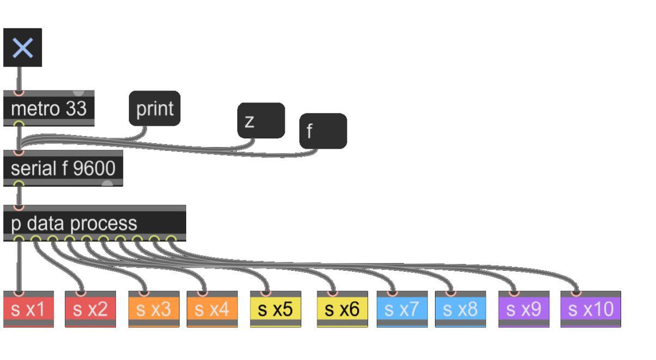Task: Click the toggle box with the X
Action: click(22, 48)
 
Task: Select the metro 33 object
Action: click(49, 109)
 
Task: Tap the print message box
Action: click(155, 108)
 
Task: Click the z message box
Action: click(261, 120)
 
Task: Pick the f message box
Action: click(323, 131)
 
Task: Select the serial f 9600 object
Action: click(63, 169)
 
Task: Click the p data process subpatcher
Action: click(95, 223)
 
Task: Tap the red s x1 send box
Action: click(28, 309)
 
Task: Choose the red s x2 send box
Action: click(90, 309)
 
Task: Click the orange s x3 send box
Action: click(154, 309)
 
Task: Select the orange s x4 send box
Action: click(212, 309)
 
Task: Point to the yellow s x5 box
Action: click(275, 309)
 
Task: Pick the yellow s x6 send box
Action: click(342, 309)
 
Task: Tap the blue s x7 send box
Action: click(402, 309)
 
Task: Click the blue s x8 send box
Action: click(461, 309)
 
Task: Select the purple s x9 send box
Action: click(524, 309)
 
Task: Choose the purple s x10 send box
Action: click(591, 309)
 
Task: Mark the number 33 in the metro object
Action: click(76, 109)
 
